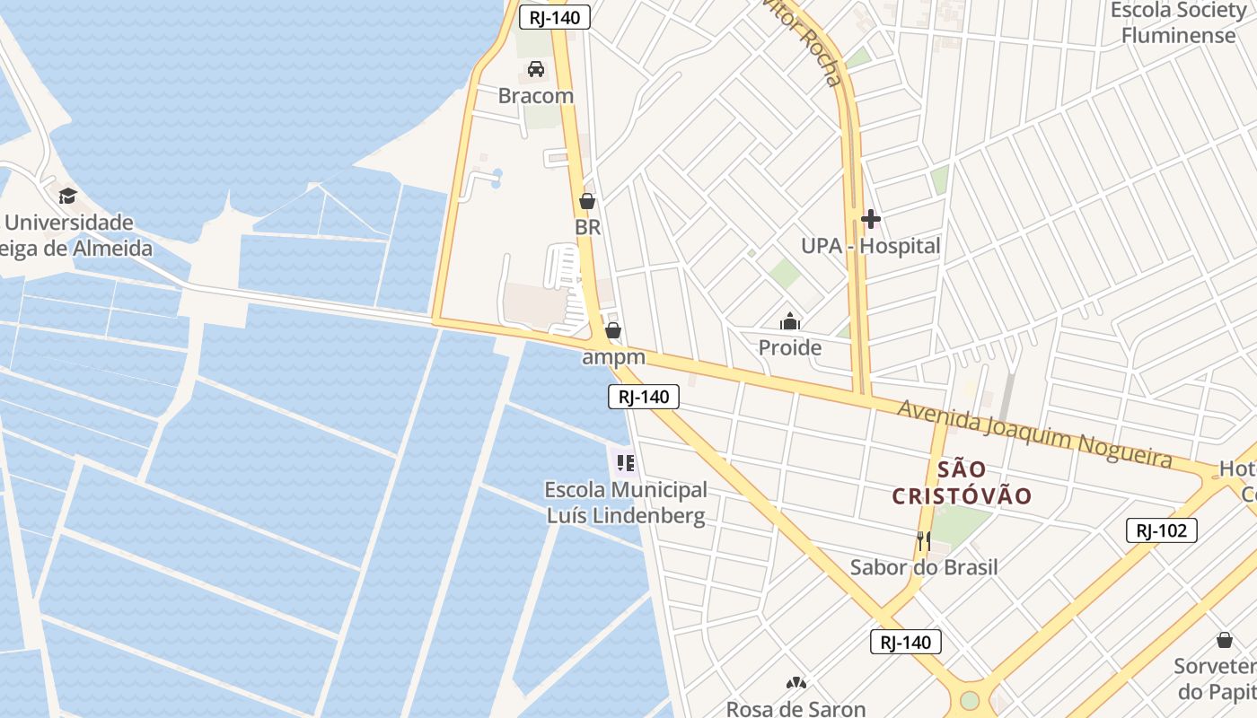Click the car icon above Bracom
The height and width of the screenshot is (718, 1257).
coord(536,69)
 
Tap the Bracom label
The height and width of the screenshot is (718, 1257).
coord(536,95)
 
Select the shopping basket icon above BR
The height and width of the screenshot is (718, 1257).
coord(587,201)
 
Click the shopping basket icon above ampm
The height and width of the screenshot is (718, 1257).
coord(613,331)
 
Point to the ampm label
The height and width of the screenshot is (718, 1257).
coord(613,357)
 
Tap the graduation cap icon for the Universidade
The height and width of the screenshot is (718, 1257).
coord(68,196)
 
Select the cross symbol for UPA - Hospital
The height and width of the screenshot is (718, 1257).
coord(870,219)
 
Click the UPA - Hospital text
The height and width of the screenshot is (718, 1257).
coord(870,246)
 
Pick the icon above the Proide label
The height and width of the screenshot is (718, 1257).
coord(790,321)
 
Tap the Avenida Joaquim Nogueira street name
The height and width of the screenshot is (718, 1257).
coord(1036,435)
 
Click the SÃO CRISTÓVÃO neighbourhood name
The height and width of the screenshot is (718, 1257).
coord(962,482)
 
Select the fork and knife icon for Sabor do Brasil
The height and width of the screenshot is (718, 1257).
coord(924,541)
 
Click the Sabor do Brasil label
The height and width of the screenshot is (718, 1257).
coord(924,567)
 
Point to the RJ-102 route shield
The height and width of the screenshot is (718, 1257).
coord(1161,530)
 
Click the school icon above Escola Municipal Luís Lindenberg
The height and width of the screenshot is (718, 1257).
coord(626,463)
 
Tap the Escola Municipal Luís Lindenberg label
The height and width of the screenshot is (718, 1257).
coord(626,503)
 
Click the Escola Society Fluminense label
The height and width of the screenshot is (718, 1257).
coord(1178,23)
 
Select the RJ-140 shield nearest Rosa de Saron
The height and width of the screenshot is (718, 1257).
coord(905,642)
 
